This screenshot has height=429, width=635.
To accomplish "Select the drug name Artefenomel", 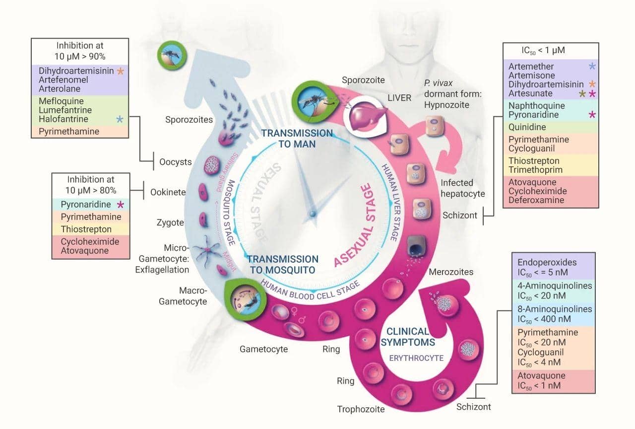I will coord(63,80).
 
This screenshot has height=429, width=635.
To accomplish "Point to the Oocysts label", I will coord(176,162).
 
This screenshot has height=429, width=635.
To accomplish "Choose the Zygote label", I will coord(170,222).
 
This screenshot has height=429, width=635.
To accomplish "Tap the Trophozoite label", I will coord(361,409).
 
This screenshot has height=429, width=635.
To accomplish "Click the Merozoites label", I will coord(450,272).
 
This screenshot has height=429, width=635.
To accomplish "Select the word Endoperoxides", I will coord(548,263).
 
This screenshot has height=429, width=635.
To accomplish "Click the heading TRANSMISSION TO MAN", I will coord(297,138).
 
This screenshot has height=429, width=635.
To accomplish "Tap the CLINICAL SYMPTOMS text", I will coord(408,337).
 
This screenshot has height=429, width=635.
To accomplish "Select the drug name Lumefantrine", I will coord(65,110).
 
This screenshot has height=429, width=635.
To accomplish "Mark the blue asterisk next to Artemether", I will coord(591,66).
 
